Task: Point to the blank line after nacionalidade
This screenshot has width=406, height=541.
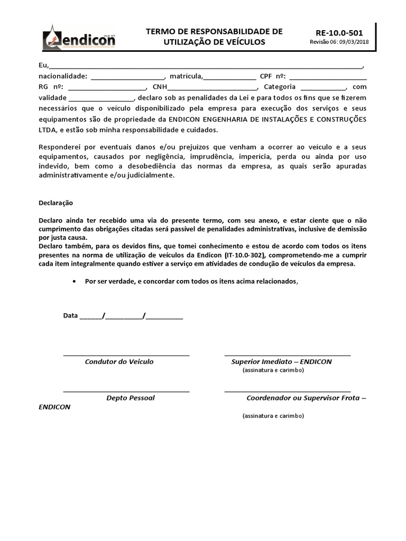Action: coord(128,77)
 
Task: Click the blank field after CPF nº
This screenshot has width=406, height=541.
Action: coord(328,77)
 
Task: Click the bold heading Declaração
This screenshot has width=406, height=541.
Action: coord(57,202)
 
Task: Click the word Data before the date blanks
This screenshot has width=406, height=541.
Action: coord(70,315)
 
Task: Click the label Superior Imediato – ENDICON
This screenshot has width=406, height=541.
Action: coord(281,362)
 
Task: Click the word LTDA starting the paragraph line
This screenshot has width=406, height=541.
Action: coord(48,130)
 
